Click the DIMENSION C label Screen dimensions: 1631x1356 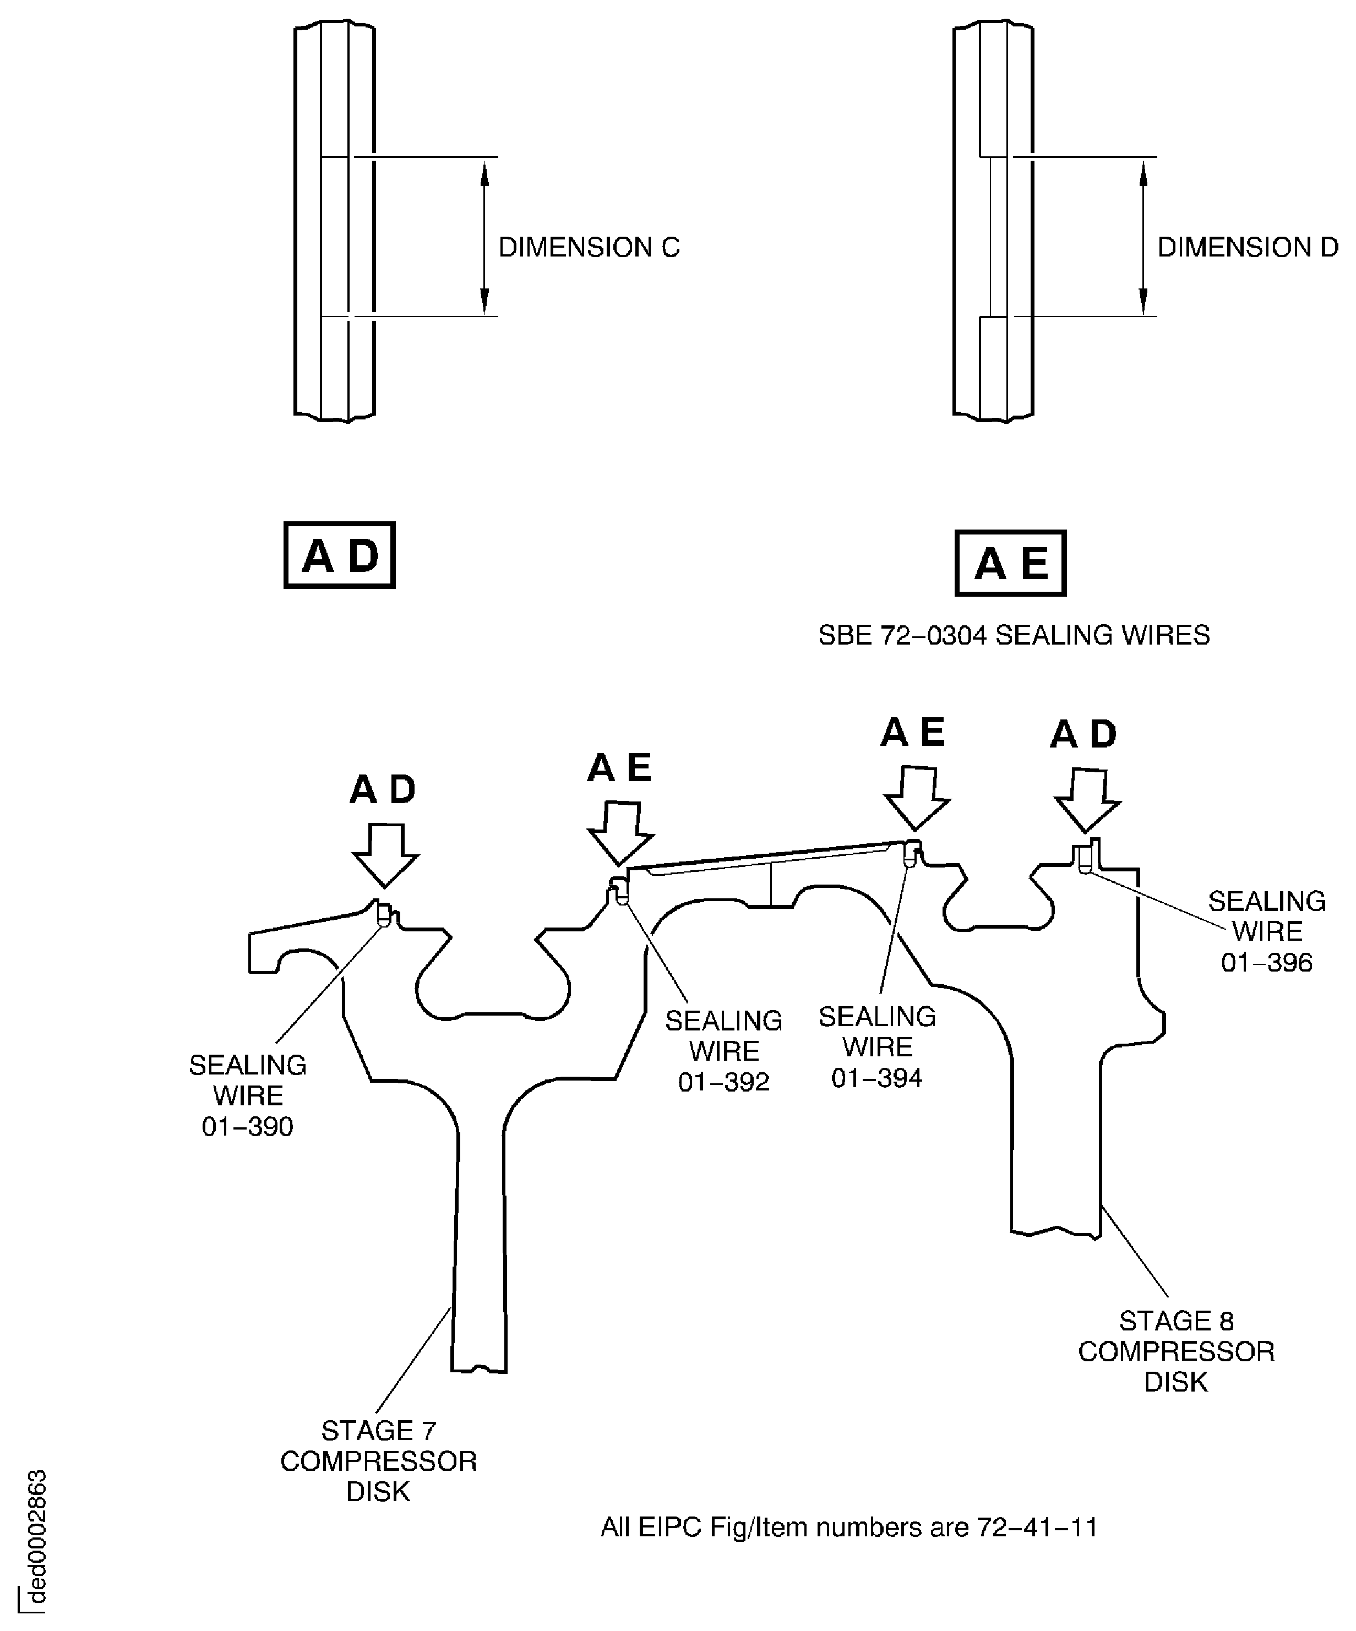589,247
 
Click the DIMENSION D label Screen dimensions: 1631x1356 1248,247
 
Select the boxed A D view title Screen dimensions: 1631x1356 339,555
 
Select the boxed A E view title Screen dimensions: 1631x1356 1010,563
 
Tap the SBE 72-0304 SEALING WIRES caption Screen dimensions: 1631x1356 1014,635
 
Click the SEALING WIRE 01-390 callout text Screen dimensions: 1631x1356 248,1095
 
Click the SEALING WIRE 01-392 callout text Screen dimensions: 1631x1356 723,1051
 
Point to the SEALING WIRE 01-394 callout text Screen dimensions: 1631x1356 877,1047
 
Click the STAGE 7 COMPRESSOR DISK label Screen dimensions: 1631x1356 378,1461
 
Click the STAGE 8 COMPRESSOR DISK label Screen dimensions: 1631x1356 1176,1351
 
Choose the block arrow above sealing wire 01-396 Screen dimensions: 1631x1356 1087,800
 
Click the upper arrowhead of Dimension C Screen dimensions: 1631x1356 484,174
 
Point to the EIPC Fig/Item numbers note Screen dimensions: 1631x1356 849,1527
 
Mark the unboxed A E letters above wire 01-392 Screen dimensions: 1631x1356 619,768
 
